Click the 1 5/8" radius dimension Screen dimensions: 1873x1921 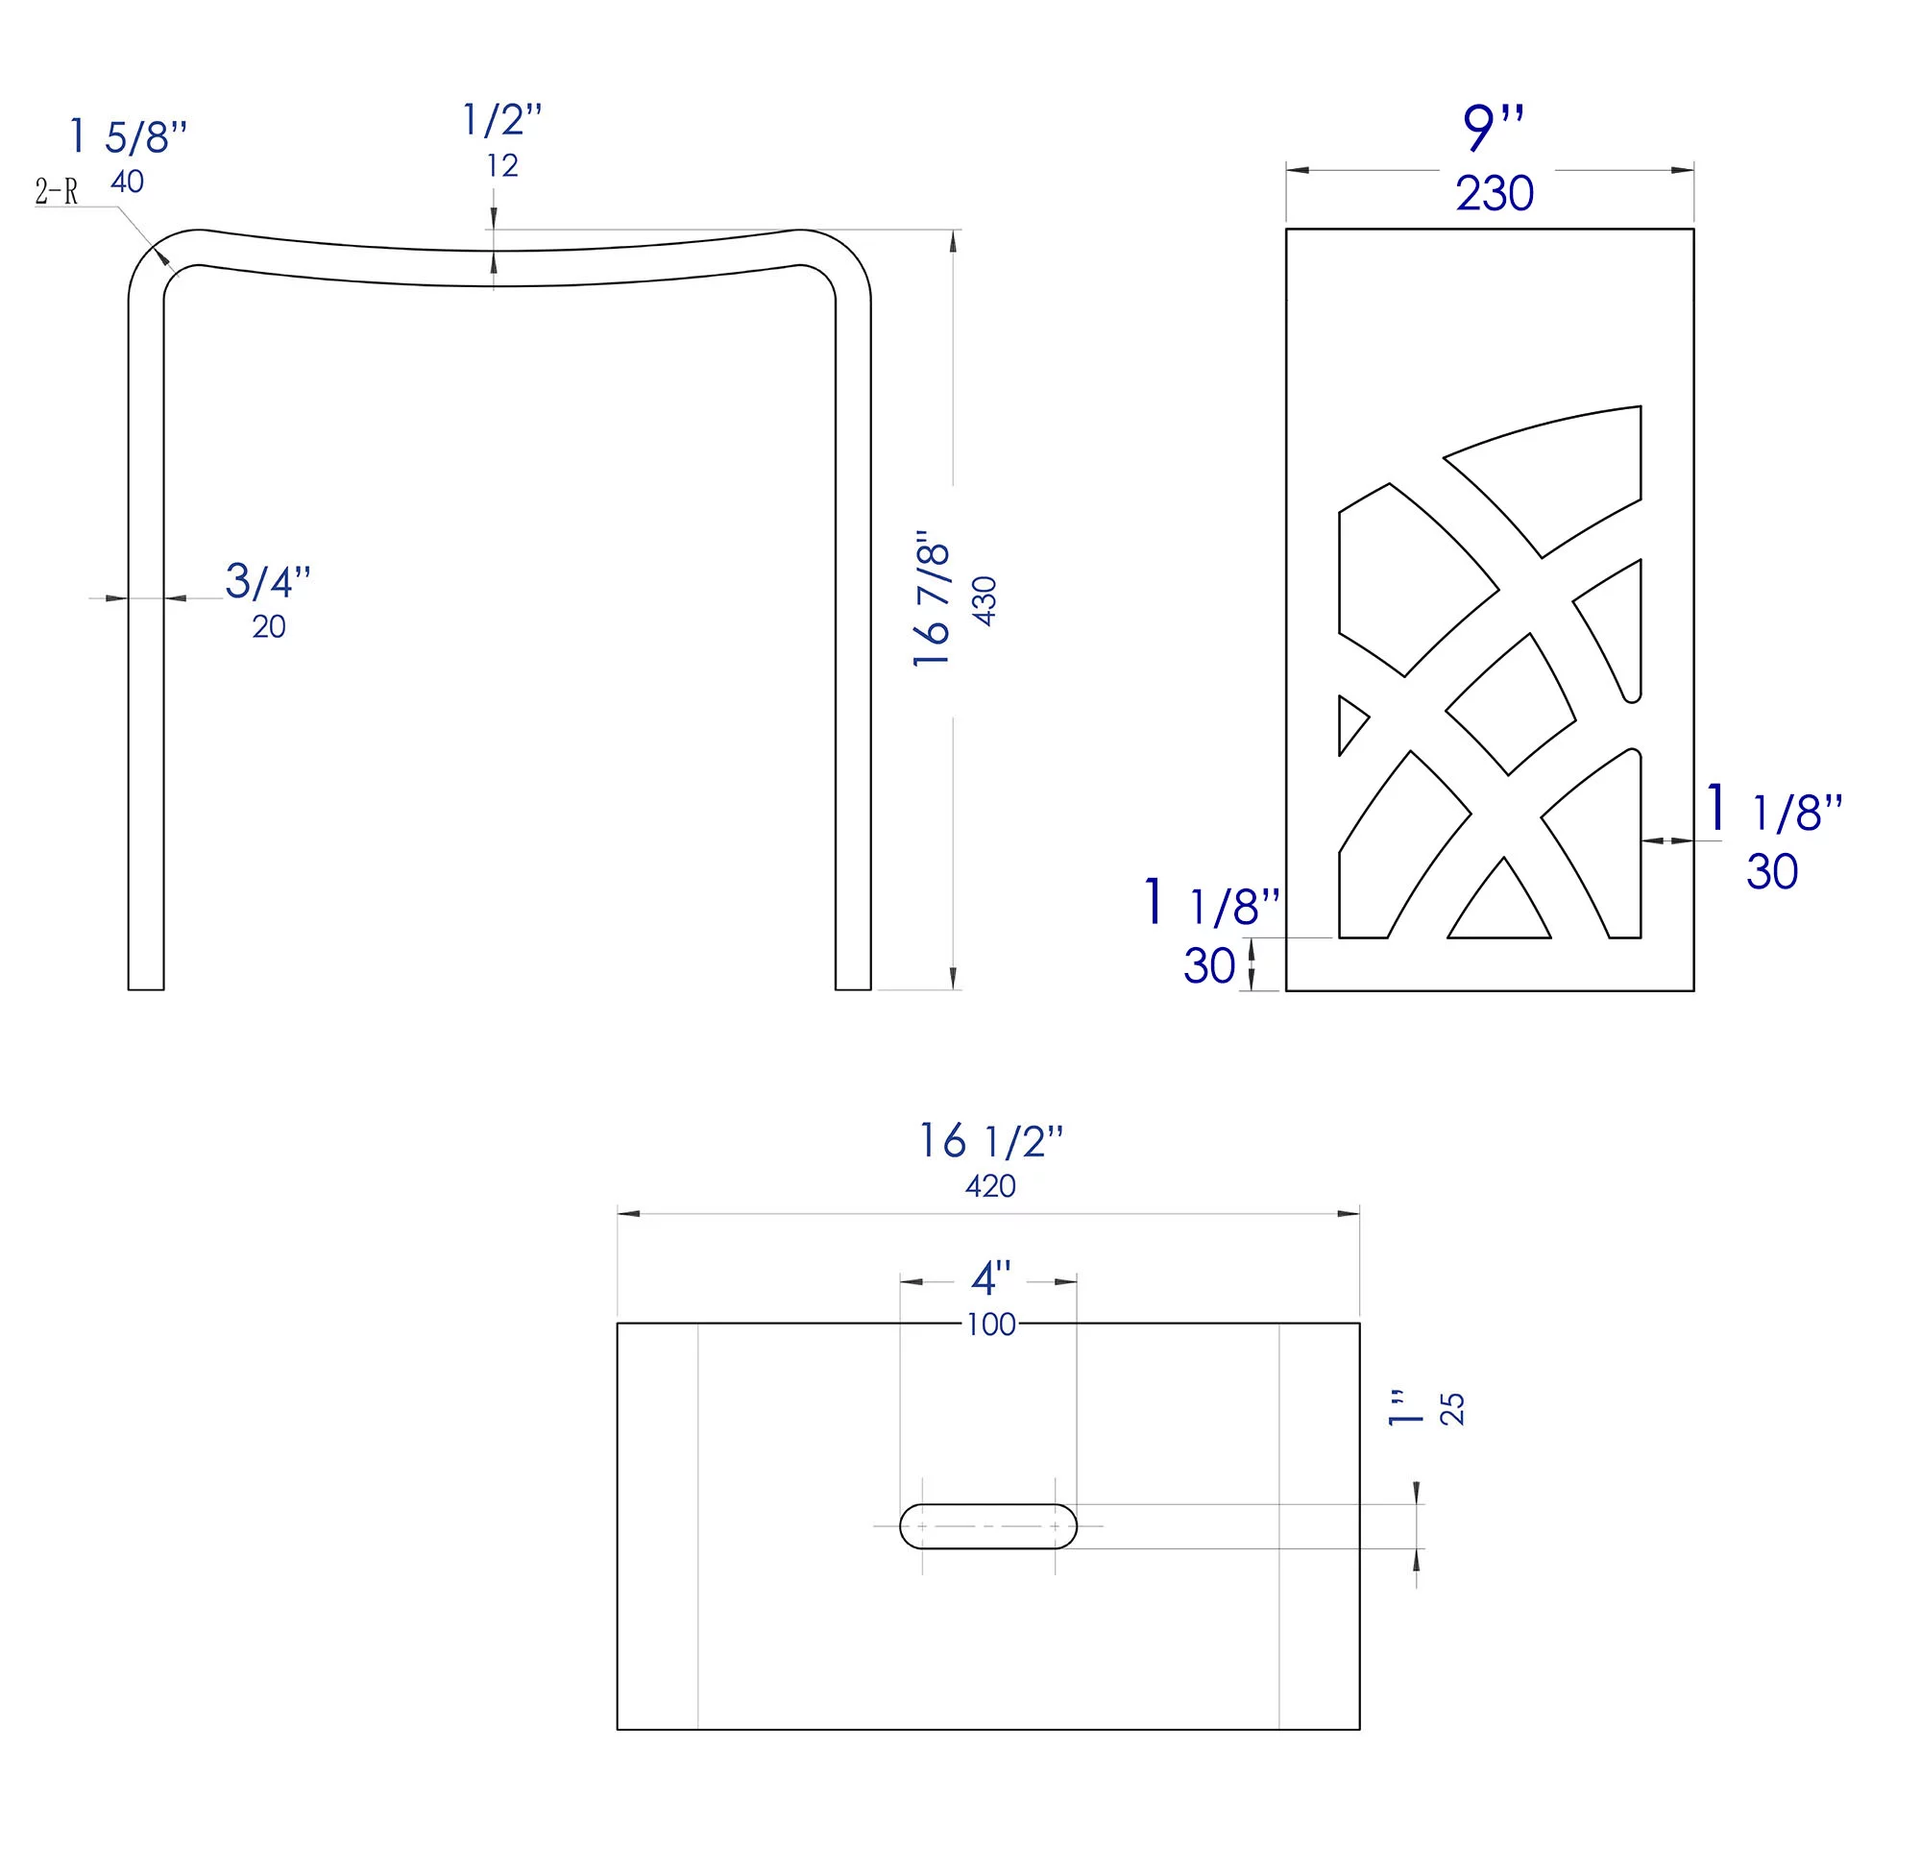tap(128, 136)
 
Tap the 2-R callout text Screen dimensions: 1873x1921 tap(56, 192)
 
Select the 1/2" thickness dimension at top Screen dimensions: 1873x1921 tap(501, 120)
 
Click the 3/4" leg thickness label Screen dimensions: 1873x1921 tap(268, 581)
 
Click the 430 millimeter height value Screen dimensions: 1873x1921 tap(985, 600)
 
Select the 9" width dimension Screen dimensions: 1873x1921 tap(1493, 128)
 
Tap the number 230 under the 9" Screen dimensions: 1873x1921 tap(1495, 193)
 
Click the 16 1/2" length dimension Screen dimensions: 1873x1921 tap(990, 1141)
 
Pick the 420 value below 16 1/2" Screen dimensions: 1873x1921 tap(989, 1186)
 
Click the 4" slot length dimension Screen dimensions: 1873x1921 tap(990, 1278)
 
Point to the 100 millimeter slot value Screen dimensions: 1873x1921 tap(990, 1326)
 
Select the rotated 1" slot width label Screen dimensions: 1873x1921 tap(1405, 1408)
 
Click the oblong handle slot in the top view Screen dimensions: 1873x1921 tap(987, 1525)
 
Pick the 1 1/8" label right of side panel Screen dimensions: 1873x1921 tap(1773, 812)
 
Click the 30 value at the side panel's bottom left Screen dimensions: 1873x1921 tap(1209, 966)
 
